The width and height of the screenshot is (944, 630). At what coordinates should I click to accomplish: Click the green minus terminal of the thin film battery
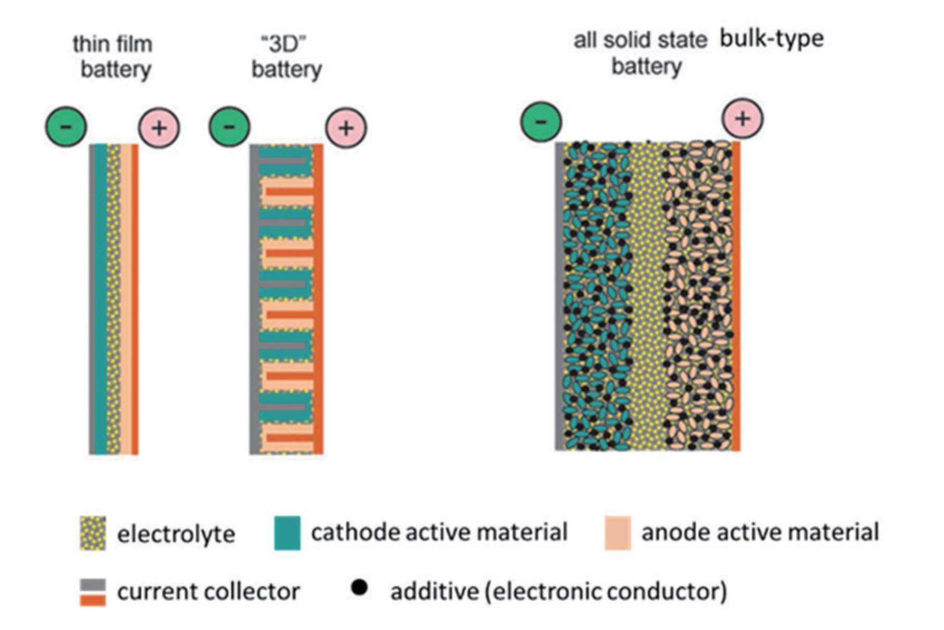[x=66, y=126]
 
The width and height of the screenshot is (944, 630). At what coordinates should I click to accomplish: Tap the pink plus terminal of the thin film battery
[x=159, y=128]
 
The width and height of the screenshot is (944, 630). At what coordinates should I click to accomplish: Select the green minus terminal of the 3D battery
[x=229, y=126]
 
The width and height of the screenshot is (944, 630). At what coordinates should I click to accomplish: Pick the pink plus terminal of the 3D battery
[x=346, y=128]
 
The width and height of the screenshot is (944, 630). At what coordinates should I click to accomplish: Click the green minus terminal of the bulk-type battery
[x=541, y=122]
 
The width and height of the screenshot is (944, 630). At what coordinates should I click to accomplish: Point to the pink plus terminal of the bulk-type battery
[x=742, y=119]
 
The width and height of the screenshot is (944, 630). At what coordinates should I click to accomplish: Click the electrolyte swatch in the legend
[x=93, y=533]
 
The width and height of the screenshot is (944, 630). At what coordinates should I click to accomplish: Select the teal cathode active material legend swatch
[x=287, y=533]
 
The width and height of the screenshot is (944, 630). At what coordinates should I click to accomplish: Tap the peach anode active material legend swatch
[x=618, y=533]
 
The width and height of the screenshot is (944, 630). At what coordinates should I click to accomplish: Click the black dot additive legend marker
[x=359, y=588]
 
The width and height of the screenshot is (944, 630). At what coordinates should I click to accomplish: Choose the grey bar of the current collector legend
[x=93, y=585]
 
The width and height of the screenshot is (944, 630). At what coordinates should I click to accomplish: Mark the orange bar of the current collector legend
[x=93, y=600]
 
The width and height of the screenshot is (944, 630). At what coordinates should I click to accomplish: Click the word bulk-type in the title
[x=771, y=39]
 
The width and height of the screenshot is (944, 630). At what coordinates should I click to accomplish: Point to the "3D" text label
[x=283, y=44]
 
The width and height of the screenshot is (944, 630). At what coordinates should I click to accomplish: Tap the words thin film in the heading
[x=112, y=44]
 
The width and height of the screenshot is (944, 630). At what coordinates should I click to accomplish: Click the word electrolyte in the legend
[x=176, y=534]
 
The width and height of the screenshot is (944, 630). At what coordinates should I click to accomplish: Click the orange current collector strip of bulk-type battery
[x=736, y=297]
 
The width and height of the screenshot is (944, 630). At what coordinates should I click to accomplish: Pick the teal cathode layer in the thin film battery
[x=100, y=297]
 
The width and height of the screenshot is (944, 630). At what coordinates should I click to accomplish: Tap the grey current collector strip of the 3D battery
[x=254, y=297]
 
